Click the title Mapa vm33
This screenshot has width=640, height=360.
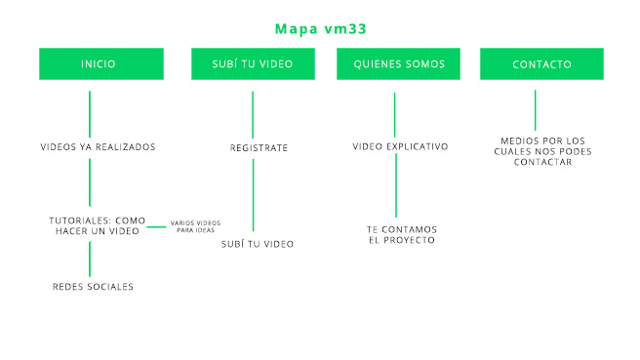point(320,28)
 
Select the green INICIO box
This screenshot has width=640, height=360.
point(99,64)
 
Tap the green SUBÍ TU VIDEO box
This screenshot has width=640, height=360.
point(253,64)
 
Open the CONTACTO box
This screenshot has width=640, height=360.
point(541,64)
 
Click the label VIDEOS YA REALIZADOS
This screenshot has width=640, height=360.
point(98,147)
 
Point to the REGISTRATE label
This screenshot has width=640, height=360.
point(259,147)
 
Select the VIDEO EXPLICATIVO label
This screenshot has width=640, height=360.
point(400,146)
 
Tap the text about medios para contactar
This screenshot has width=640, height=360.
point(540,151)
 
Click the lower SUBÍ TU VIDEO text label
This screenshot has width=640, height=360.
point(258,243)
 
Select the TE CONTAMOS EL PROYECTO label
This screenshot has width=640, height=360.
point(402,234)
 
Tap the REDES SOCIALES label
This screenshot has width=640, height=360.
point(93,287)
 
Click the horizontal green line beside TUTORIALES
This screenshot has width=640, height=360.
point(156,226)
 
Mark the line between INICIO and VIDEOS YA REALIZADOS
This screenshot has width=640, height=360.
point(90,114)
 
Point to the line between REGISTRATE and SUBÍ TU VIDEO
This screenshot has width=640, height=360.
point(253,194)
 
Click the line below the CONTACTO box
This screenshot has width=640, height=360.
point(535,106)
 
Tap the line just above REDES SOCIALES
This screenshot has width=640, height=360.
point(90,259)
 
